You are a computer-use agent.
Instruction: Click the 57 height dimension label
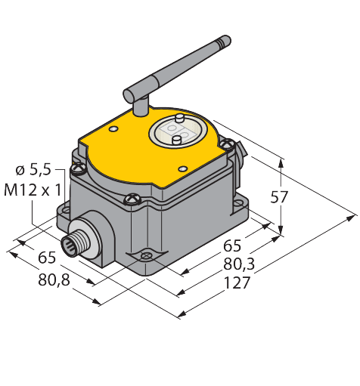(279, 197)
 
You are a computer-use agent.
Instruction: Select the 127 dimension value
(237, 283)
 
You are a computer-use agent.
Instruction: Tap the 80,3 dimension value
(239, 264)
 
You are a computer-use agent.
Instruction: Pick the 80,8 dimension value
(54, 279)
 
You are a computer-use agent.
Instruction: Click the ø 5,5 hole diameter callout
(33, 169)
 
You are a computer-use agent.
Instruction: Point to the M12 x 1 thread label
(33, 190)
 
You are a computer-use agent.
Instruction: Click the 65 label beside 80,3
(232, 245)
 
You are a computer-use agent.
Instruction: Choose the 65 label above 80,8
(47, 258)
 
